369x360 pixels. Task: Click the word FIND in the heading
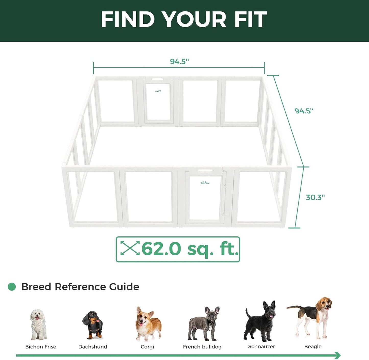click(128, 19)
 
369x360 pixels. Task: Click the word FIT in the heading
click(250, 19)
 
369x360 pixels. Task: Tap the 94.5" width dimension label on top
click(179, 62)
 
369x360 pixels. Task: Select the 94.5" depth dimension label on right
click(304, 111)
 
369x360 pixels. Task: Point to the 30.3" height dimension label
click(315, 197)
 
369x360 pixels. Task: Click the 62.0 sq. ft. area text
click(190, 249)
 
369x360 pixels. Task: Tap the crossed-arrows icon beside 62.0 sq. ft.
click(130, 248)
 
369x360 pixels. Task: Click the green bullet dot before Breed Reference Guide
click(12, 287)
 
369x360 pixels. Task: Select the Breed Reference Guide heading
click(80, 287)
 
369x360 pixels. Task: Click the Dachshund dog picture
click(93, 325)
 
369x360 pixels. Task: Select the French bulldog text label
click(202, 347)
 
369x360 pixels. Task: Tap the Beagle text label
click(313, 346)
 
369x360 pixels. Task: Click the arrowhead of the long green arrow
click(338, 355)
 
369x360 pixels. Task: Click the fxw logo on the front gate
click(205, 183)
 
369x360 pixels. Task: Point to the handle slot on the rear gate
click(158, 79)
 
